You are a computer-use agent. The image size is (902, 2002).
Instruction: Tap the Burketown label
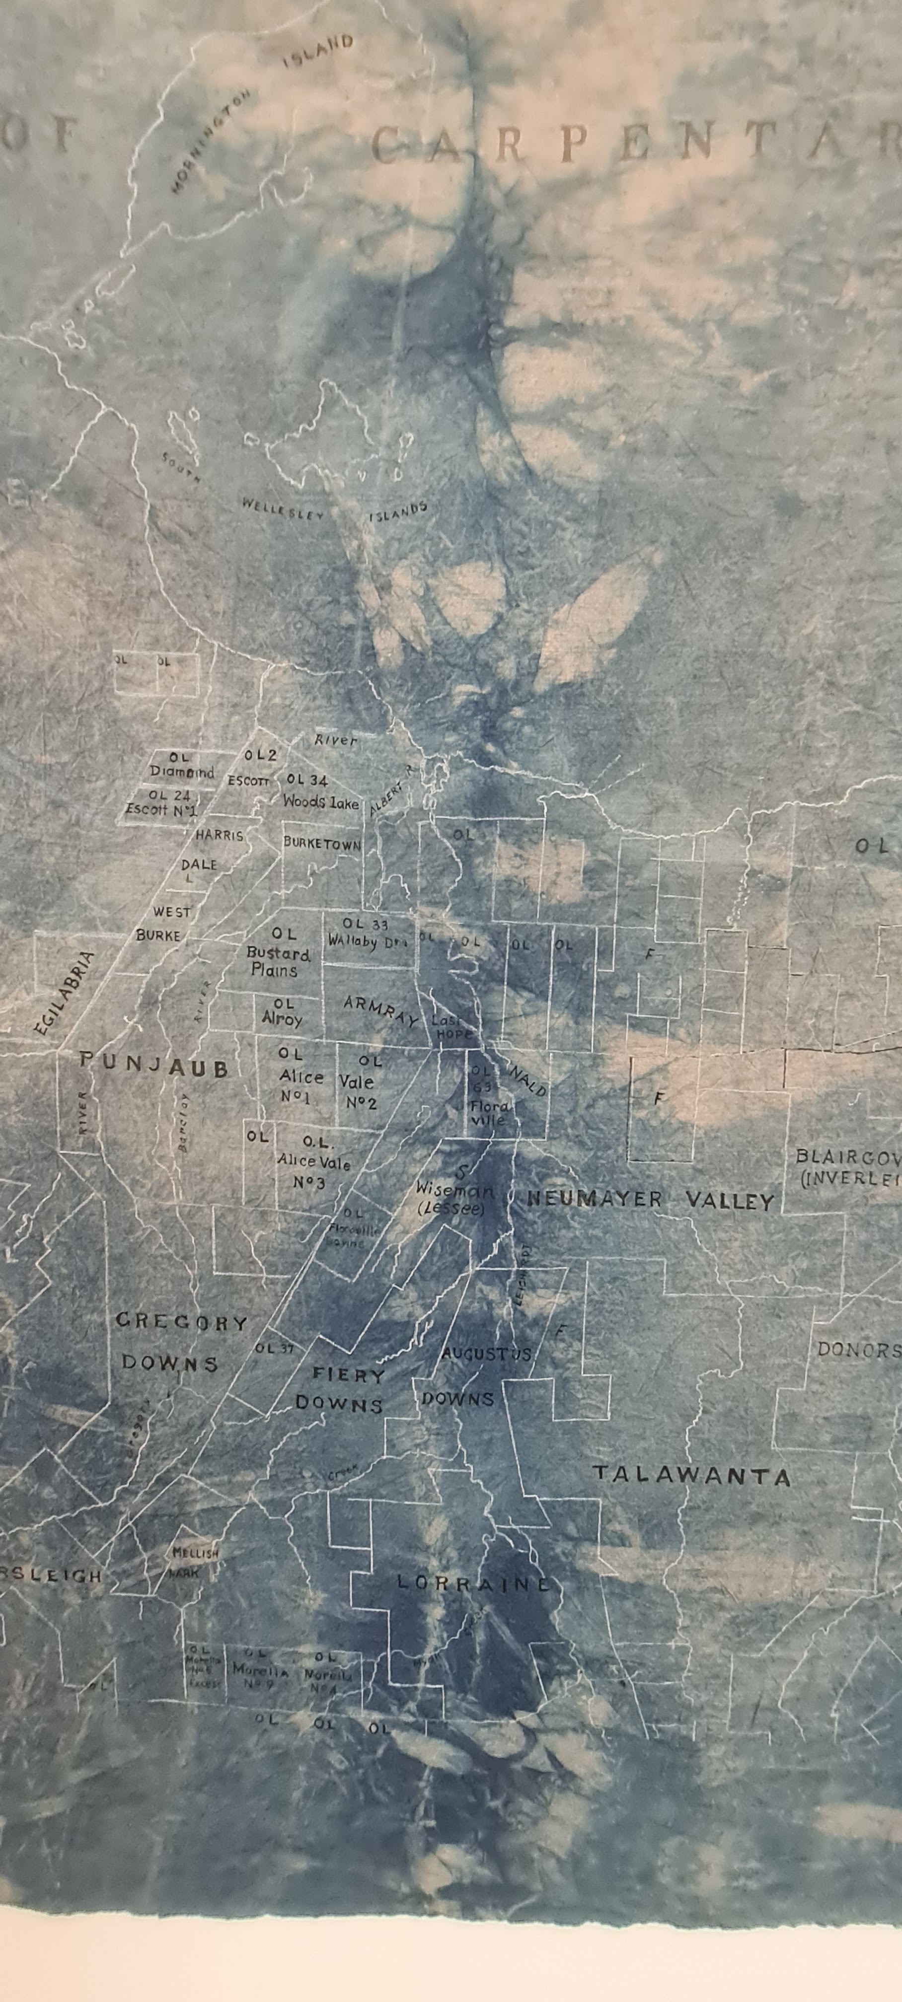(x=322, y=843)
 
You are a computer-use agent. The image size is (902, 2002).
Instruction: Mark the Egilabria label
(x=66, y=993)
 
